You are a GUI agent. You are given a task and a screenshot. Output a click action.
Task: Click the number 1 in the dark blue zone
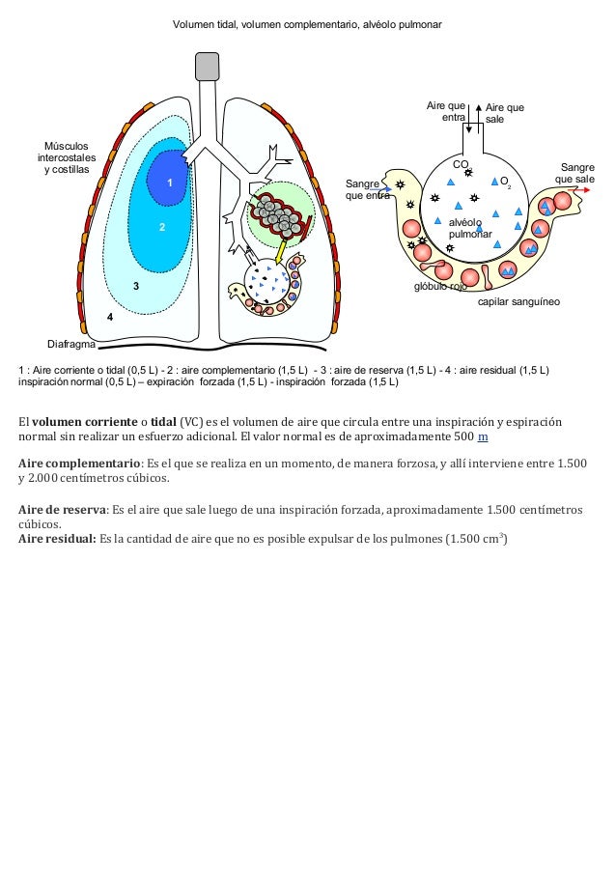click(168, 183)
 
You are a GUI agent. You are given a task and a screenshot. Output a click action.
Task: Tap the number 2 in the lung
click(162, 227)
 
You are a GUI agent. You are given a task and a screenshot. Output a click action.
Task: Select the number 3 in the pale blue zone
click(136, 287)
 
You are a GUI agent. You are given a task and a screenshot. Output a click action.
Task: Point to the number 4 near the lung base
click(110, 317)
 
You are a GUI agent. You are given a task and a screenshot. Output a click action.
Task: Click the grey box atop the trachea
click(207, 66)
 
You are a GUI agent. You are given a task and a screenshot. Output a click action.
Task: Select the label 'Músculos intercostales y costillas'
click(67, 157)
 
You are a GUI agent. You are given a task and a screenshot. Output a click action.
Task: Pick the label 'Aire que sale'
click(504, 113)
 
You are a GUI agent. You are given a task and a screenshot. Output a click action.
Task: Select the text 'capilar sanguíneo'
click(519, 302)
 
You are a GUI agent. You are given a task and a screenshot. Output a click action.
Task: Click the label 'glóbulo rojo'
click(440, 287)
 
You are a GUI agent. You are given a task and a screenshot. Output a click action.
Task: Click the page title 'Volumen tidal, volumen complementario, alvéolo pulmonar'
click(307, 20)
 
